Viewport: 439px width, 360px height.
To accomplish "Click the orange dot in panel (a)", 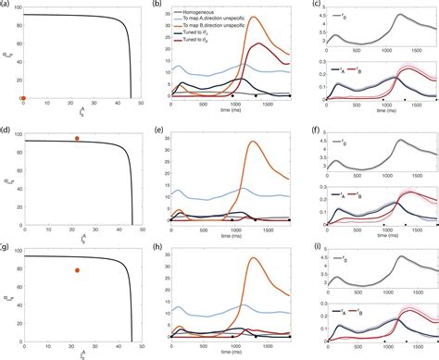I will [x=23, y=98].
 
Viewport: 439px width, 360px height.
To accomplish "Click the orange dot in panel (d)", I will [x=77, y=138].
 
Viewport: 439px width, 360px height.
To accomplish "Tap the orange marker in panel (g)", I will [x=77, y=270].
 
